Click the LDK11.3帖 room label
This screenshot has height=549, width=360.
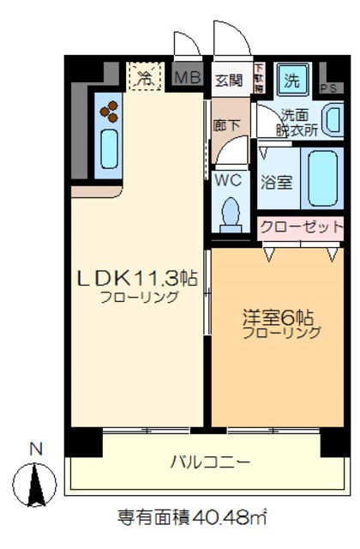click(138, 278)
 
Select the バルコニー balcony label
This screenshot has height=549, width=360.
click(209, 462)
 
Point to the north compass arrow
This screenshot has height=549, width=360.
click(35, 484)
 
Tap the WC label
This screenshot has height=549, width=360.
click(228, 180)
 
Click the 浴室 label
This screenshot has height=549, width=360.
click(276, 182)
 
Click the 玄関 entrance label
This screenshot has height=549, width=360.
click(228, 81)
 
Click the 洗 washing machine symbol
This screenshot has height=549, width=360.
click(292, 81)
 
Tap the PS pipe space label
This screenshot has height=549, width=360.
click(327, 87)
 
